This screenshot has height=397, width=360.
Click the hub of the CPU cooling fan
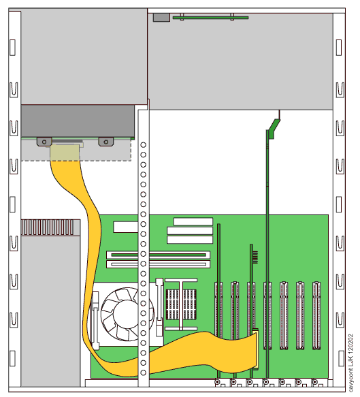126,313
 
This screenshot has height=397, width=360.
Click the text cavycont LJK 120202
350,363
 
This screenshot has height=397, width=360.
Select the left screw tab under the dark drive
44,142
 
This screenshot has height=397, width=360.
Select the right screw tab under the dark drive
106,142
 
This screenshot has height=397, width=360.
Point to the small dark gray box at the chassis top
161,18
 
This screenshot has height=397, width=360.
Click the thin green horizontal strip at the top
210,18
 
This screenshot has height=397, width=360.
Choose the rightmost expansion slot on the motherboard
316,316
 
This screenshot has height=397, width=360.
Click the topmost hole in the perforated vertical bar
143,145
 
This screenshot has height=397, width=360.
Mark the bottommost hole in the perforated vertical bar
143,372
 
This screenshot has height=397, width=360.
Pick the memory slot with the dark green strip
159,255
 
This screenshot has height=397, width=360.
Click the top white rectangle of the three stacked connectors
193,221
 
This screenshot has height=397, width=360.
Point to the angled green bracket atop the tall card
274,129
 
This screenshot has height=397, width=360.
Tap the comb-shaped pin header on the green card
255,257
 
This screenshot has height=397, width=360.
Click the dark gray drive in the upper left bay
78,121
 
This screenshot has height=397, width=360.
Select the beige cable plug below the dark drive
65,153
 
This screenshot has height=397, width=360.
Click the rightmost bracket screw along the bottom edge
314,381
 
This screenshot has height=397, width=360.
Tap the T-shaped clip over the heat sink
181,304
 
